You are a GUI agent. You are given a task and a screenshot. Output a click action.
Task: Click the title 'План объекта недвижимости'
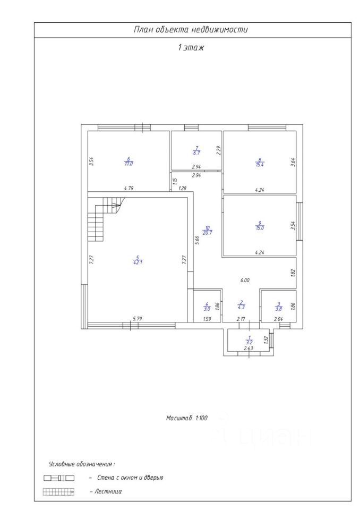(x=191, y=30)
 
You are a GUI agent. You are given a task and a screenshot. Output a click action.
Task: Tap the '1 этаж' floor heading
(x=191, y=48)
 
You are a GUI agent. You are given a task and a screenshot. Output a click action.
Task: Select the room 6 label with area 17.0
(x=128, y=161)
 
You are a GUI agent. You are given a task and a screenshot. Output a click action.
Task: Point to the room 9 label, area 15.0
(x=260, y=225)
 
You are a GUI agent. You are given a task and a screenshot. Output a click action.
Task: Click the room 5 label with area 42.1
(x=137, y=260)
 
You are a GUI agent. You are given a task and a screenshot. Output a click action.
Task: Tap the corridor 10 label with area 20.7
(x=208, y=230)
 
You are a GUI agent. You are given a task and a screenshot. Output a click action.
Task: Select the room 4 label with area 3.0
(x=207, y=307)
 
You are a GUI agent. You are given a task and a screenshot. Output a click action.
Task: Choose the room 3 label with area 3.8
(x=278, y=307)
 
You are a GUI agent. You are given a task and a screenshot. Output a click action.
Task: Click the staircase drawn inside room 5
(x=105, y=218)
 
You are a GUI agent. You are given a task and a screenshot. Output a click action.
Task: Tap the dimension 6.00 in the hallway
(x=245, y=280)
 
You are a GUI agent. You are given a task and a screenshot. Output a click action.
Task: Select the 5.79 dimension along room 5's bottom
(x=138, y=319)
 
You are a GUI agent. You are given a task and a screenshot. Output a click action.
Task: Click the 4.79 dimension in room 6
(x=128, y=188)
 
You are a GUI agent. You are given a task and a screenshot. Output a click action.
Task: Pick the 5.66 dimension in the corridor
(x=197, y=240)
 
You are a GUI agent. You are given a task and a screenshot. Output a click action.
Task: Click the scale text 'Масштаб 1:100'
(x=186, y=419)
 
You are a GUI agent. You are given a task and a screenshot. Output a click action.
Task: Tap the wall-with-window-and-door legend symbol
(x=58, y=478)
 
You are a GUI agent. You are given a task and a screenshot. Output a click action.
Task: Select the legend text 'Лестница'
(x=109, y=491)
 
